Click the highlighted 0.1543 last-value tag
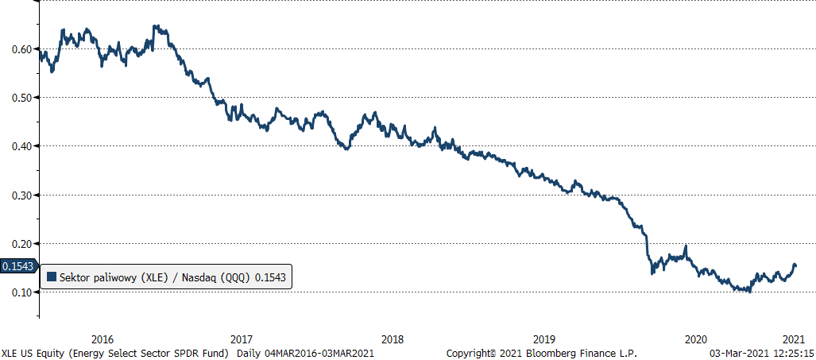tap(17, 267)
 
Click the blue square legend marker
tap(52, 277)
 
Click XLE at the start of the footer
tap(11, 353)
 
